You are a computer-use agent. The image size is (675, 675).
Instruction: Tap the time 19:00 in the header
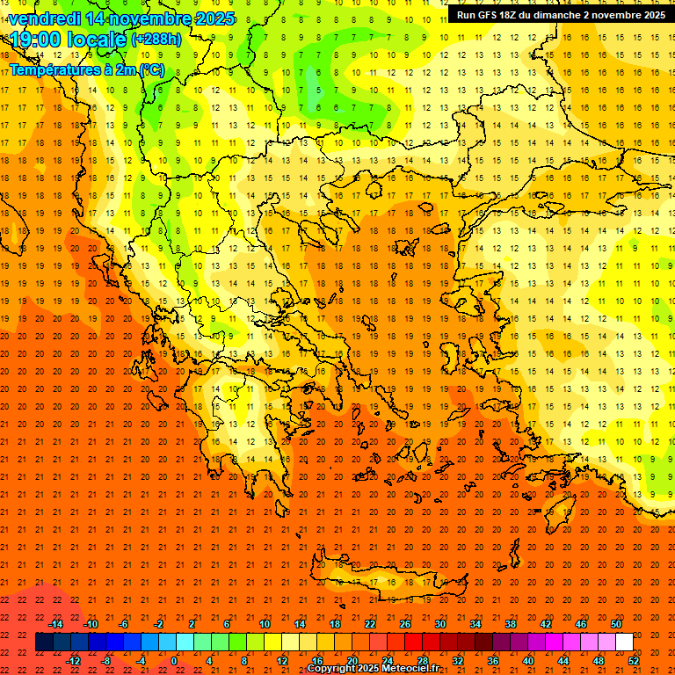(38, 39)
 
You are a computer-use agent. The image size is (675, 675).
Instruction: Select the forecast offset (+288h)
(158, 40)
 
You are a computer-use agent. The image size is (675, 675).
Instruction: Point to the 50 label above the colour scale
(616, 624)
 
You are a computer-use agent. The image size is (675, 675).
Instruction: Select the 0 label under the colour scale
(174, 661)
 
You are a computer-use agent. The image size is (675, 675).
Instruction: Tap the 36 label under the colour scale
(493, 661)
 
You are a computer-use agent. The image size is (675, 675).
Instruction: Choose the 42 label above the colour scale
(546, 624)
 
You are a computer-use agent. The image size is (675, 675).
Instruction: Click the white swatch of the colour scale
(625, 642)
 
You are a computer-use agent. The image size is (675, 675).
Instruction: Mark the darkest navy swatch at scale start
(44, 642)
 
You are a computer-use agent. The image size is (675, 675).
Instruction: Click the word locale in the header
(94, 39)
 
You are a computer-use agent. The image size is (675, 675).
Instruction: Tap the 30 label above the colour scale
(439, 624)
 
